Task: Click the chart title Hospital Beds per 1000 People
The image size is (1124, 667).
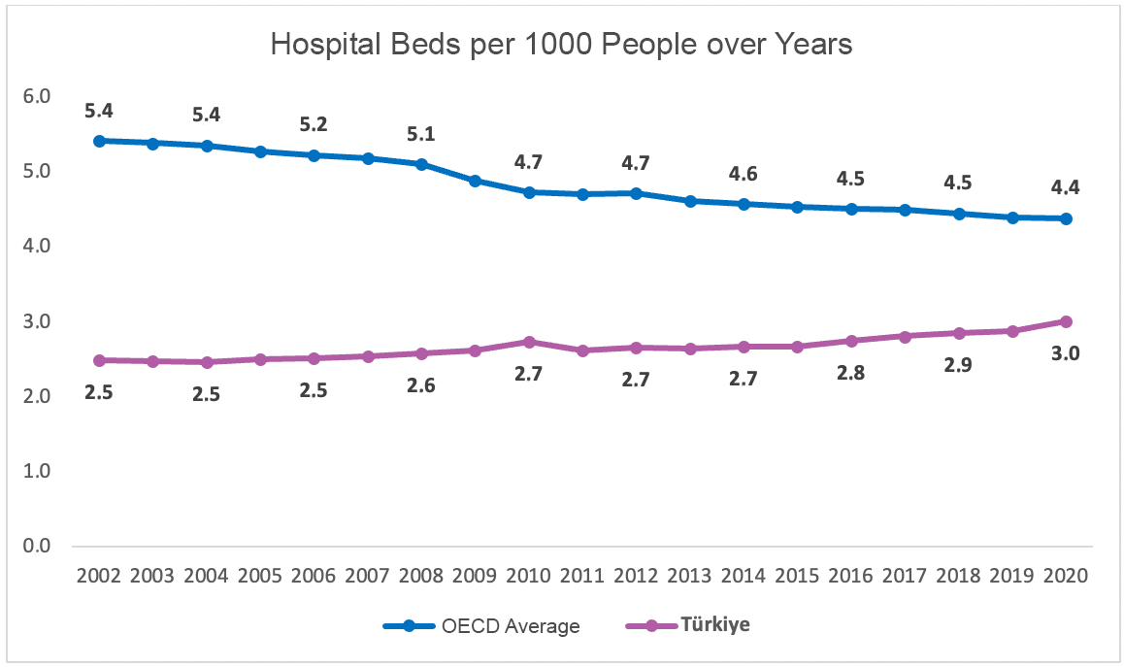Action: click(561, 45)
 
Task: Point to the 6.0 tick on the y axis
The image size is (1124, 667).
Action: click(36, 96)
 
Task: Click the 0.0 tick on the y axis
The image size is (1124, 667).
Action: click(36, 546)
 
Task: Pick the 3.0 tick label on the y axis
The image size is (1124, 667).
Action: click(36, 321)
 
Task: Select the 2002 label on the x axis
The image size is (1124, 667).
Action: click(98, 575)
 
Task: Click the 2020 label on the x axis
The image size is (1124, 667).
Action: click(1066, 575)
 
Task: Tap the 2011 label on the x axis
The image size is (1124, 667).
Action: click(582, 575)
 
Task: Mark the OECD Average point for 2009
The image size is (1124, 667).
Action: click(476, 181)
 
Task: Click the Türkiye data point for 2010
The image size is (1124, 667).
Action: click(529, 342)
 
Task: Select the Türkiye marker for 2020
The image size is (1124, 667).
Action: click(1066, 321)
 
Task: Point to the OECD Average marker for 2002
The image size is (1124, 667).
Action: click(99, 141)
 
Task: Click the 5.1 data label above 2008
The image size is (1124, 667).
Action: click(421, 133)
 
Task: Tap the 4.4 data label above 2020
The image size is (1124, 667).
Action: click(1066, 187)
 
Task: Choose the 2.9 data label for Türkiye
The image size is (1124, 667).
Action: click(958, 365)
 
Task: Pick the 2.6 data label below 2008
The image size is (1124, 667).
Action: click(421, 384)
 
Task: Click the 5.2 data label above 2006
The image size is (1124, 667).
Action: click(314, 124)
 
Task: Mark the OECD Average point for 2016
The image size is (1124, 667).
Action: click(851, 209)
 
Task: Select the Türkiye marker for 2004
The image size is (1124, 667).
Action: click(207, 362)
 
